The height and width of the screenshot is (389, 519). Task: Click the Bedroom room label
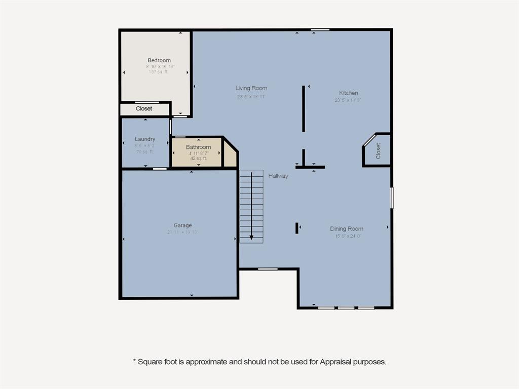coord(159,60)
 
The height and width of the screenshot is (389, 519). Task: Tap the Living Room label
coord(251,88)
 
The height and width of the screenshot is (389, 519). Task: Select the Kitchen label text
coord(348,93)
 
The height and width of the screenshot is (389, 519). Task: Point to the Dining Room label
coord(347,229)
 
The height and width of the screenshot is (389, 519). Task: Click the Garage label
coord(182,225)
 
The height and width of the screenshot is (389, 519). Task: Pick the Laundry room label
coord(145,139)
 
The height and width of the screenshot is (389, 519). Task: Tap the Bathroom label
coord(198,147)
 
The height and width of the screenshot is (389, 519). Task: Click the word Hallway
coord(278,176)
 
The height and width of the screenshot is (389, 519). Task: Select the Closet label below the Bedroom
coord(144,109)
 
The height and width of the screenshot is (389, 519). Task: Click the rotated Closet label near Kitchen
coord(378,150)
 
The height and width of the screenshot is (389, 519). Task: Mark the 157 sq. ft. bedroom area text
coord(159,72)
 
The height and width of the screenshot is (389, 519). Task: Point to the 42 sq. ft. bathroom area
coord(198,159)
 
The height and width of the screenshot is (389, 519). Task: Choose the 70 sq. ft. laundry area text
coord(144,151)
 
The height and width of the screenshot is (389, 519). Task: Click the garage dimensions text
coord(182,232)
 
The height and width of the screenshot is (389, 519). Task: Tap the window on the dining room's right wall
coord(391,198)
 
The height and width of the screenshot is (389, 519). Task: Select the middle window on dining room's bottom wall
coord(346,308)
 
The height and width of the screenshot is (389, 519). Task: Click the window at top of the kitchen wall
coord(320,30)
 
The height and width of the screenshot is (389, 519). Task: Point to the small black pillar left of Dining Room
coord(296,228)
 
